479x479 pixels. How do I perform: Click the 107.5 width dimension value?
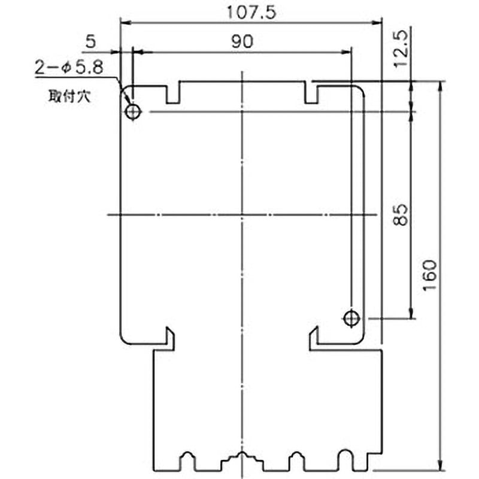coord(251,12)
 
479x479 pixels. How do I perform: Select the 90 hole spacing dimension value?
coord(242,41)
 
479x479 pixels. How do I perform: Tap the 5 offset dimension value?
coord(91,41)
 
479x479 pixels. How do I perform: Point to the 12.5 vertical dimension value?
coord(401,48)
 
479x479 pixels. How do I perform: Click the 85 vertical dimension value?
coord(401,215)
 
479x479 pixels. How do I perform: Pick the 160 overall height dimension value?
coord(430,275)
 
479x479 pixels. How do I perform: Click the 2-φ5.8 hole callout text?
coord(69,68)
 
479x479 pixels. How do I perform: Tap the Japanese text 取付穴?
coord(69,96)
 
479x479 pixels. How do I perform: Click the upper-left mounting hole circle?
coord(132,112)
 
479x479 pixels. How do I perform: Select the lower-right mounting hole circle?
coord(351,319)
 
